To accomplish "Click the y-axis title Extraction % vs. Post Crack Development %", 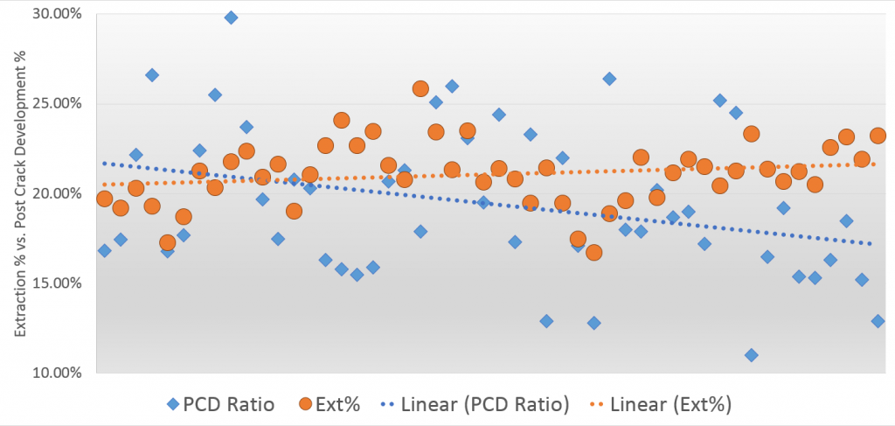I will pyautogui.click(x=17, y=192).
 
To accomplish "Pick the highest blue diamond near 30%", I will pyautogui.click(x=231, y=17).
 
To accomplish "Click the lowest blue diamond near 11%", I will pyautogui.click(x=751, y=355).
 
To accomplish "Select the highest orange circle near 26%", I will pyautogui.click(x=420, y=88).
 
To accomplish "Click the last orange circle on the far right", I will pyautogui.click(x=878, y=136).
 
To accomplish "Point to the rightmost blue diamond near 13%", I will pyautogui.click(x=878, y=321).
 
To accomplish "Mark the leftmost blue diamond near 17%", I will pyautogui.click(x=104, y=251).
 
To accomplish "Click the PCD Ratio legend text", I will pyautogui.click(x=228, y=404).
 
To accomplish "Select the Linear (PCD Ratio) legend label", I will pyautogui.click(x=486, y=404).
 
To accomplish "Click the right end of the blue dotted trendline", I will pyautogui.click(x=871, y=243).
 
